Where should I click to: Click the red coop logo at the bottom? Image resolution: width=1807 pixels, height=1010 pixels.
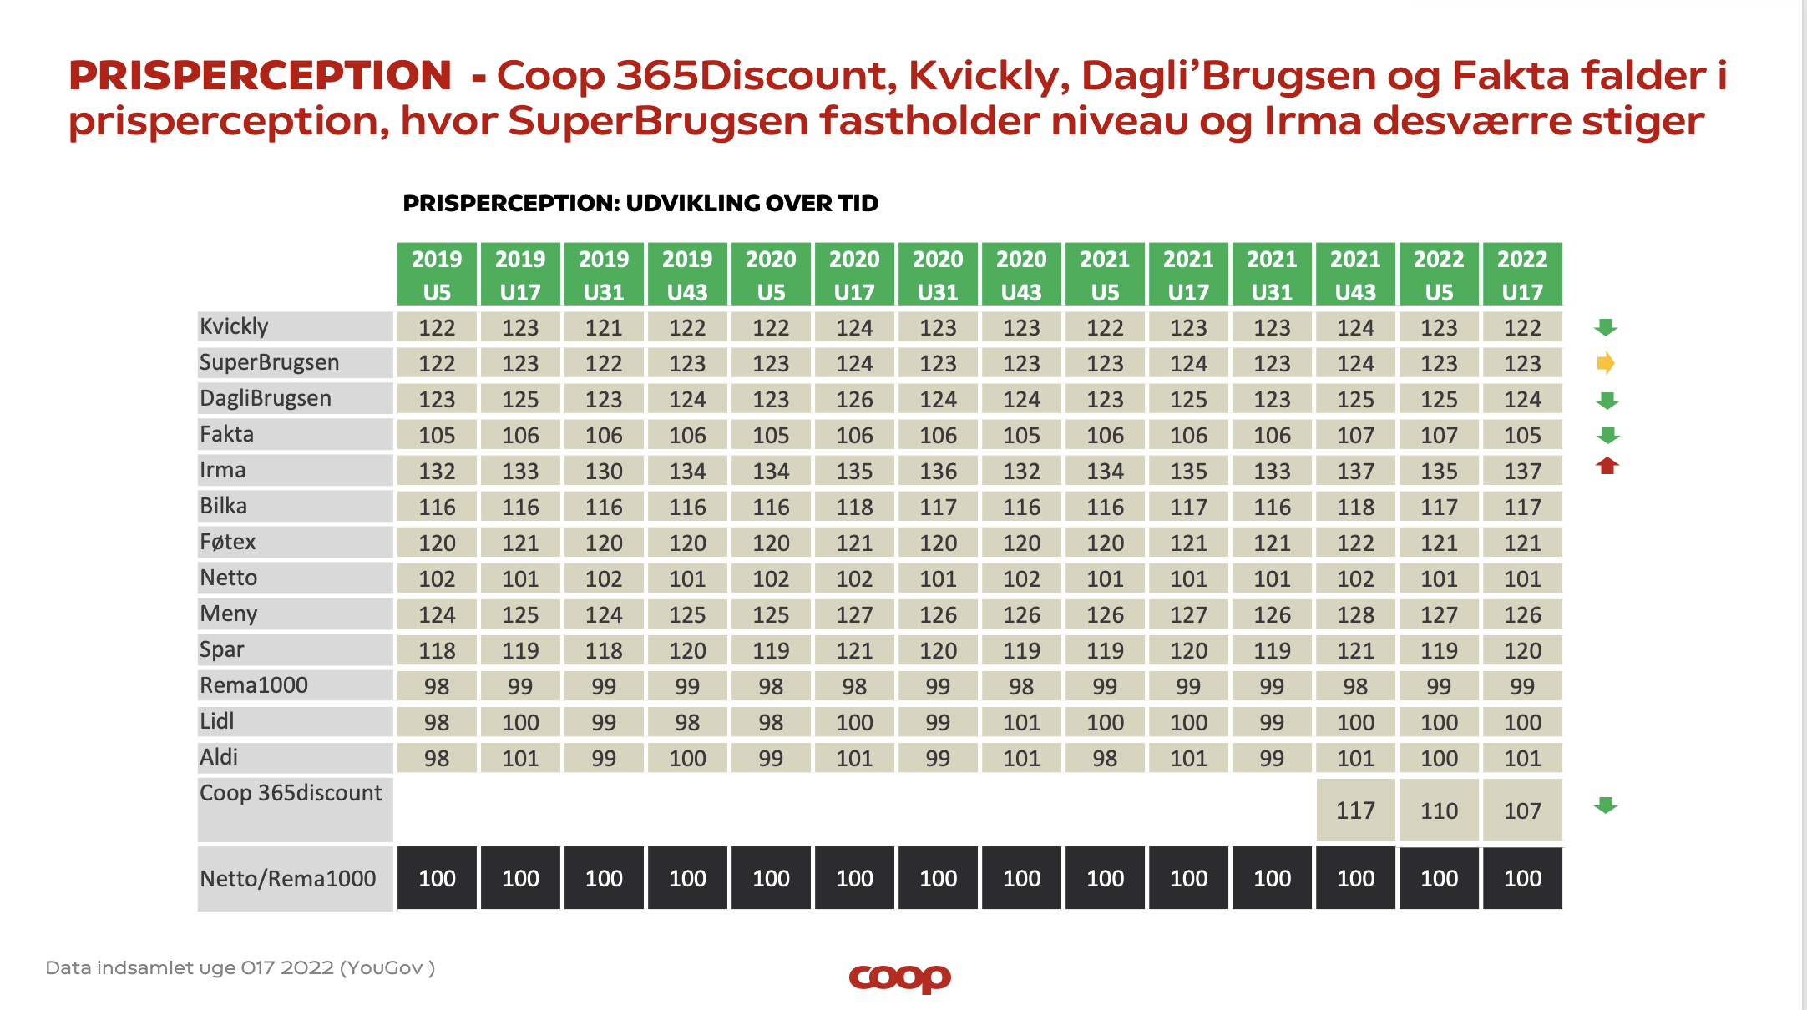click(x=899, y=977)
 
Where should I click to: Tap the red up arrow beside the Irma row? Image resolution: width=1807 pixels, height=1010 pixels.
click(x=1607, y=466)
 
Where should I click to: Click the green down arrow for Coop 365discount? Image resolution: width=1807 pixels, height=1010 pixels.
click(x=1606, y=805)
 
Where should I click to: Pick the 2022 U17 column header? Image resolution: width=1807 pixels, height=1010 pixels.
click(x=1522, y=275)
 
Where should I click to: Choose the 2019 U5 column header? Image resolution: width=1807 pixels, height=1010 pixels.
click(x=437, y=275)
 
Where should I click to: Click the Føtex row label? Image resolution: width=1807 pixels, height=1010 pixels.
click(x=228, y=542)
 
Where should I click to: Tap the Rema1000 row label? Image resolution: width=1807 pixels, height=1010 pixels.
click(x=254, y=685)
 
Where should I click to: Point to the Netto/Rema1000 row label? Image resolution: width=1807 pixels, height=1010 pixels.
click(x=288, y=878)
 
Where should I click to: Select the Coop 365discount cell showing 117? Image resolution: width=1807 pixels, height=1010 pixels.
click(x=1355, y=811)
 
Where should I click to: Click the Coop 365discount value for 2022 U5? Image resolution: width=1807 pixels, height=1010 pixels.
click(x=1439, y=811)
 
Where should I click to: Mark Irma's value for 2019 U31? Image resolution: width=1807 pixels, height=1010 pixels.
click(x=604, y=471)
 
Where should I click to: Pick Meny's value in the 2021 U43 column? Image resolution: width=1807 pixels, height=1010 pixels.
click(x=1355, y=614)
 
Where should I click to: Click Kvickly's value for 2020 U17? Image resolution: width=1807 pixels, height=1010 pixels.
click(x=854, y=327)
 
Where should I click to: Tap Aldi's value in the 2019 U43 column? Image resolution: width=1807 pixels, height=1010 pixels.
click(x=687, y=758)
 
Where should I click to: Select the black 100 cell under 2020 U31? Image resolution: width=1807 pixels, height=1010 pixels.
click(x=938, y=878)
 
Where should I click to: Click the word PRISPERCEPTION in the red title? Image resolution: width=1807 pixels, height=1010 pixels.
click(x=260, y=76)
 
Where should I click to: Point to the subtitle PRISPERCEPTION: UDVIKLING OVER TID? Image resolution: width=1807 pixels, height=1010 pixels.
click(x=640, y=204)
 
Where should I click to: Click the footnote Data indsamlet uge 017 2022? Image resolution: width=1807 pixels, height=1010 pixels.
click(x=240, y=968)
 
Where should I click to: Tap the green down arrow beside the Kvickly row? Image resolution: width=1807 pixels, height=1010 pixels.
click(x=1606, y=327)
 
